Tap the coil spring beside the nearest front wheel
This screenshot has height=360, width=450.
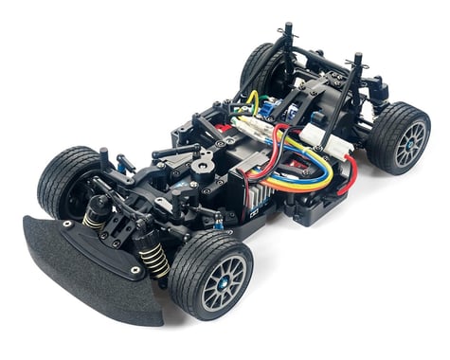pos(151,253)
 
